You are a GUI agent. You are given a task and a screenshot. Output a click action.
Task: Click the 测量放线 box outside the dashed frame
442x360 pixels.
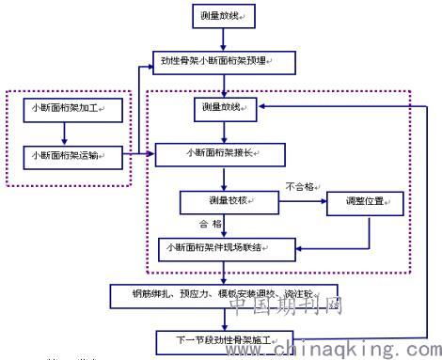[x=223, y=18]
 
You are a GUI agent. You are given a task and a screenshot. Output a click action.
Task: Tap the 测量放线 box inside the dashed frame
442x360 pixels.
[x=223, y=109]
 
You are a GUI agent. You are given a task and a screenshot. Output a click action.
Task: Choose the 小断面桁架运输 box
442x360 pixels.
[x=67, y=154]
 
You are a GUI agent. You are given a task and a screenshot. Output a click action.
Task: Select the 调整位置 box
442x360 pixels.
[x=364, y=201]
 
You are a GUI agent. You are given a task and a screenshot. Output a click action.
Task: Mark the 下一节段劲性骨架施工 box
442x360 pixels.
[x=226, y=338]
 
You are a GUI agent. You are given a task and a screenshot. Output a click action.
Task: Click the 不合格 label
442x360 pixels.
[x=300, y=187]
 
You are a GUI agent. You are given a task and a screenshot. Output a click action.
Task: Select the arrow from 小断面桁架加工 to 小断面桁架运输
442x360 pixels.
[x=67, y=132]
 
